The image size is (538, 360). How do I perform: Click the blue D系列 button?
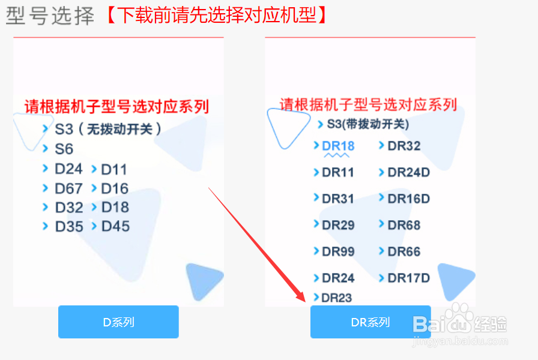(118, 322)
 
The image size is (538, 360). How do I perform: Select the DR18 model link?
(338, 146)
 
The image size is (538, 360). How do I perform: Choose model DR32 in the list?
(404, 146)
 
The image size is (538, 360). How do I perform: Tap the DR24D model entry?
(408, 172)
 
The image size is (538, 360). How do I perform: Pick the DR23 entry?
(337, 298)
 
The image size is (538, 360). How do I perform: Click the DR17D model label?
(408, 278)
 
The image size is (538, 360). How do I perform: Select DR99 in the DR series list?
(338, 251)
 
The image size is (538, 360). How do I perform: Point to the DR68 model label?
(404, 225)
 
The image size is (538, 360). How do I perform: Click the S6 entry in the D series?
(64, 149)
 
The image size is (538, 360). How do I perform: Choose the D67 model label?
(68, 188)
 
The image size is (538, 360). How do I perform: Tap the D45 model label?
(116, 226)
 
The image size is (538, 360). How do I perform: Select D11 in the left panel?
(114, 169)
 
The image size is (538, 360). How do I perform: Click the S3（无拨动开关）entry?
(107, 129)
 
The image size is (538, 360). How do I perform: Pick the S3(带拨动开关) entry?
(368, 124)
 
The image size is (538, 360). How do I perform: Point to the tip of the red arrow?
(305, 302)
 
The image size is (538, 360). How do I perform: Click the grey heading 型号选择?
(50, 16)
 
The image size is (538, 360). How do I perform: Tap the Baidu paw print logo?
(457, 318)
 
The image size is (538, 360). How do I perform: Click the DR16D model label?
(408, 199)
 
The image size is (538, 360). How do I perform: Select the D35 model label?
(69, 227)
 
